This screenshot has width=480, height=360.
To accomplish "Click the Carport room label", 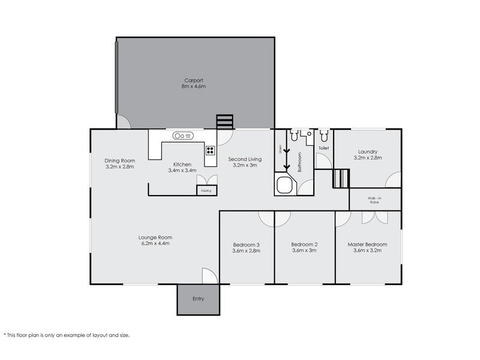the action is point(193,80).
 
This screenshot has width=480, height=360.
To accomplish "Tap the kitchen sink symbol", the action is point(183,136).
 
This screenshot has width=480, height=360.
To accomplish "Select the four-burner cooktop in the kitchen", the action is point(210,151).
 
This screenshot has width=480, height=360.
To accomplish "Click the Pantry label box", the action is point(206,190).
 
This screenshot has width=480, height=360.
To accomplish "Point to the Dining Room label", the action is point(119,161).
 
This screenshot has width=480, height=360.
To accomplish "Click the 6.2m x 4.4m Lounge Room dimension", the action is point(155,244).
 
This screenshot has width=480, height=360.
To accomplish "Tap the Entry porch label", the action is point(198,299).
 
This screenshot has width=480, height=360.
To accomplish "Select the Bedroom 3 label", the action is point(246,245).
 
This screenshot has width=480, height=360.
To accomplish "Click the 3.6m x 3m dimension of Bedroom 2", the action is point(304,250).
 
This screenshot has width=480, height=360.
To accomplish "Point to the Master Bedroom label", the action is point(367,245).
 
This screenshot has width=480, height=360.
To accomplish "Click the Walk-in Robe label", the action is point(374,200).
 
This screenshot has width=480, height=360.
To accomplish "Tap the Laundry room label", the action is point(368,152).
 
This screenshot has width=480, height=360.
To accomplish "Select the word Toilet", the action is point(323,148).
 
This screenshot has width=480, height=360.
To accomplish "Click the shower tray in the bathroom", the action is point(284,184).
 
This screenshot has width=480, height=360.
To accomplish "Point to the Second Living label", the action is point(245,159).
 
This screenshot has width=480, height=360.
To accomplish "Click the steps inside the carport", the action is point(224,122).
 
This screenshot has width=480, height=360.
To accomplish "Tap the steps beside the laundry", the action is point(341,178).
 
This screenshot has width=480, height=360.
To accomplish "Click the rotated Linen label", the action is point(280,149).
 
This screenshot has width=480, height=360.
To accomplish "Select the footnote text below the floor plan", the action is point(67,335).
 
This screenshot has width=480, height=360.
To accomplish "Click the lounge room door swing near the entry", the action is point(209,276).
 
